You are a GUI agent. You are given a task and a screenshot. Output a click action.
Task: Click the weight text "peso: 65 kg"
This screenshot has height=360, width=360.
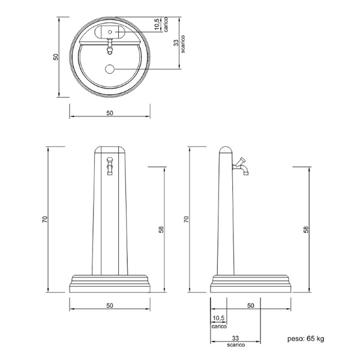(x=305, y=338)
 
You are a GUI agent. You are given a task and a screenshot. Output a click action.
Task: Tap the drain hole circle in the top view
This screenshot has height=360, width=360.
(x=110, y=69)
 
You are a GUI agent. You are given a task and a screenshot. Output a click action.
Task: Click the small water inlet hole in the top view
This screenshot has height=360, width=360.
(x=110, y=32)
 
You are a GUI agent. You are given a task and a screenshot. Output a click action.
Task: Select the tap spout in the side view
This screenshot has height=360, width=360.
(x=241, y=167)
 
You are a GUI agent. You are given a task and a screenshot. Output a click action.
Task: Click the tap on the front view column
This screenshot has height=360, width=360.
(x=110, y=166)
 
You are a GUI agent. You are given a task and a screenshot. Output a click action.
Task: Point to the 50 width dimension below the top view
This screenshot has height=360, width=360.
(x=110, y=113)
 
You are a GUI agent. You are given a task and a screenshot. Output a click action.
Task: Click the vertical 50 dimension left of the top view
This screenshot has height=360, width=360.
(x=56, y=57)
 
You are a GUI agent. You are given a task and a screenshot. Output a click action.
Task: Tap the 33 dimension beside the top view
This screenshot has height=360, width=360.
(x=176, y=43)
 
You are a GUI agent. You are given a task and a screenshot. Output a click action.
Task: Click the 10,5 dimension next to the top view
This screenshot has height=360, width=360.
(x=157, y=24)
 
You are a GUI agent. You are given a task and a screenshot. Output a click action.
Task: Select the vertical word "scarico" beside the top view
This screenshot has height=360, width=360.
(x=183, y=44)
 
